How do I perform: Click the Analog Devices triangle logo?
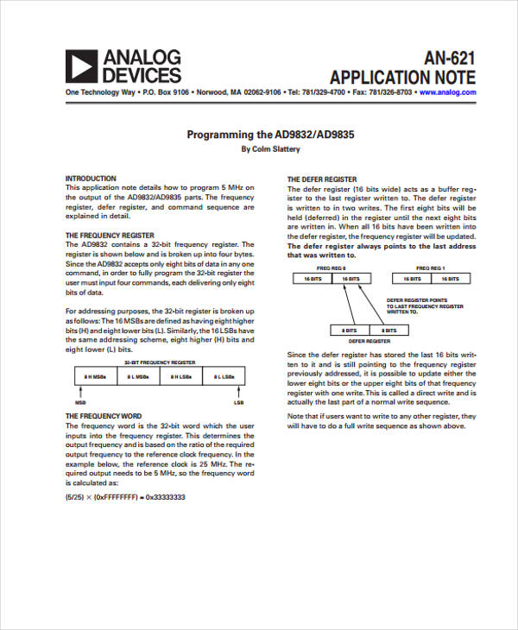[82, 66]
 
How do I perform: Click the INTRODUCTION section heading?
[91, 179]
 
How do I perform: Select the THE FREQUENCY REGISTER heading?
[110, 235]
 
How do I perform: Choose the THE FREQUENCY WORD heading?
[104, 415]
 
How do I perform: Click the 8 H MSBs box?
[94, 377]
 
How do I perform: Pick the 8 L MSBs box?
[137, 377]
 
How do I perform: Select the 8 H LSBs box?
[180, 377]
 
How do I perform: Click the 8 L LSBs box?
[224, 377]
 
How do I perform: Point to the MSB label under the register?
[80, 402]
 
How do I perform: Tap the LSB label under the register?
[238, 402]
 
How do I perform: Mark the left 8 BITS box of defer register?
[350, 330]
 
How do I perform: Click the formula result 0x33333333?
[167, 497]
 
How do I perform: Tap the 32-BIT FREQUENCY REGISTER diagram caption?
[159, 363]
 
